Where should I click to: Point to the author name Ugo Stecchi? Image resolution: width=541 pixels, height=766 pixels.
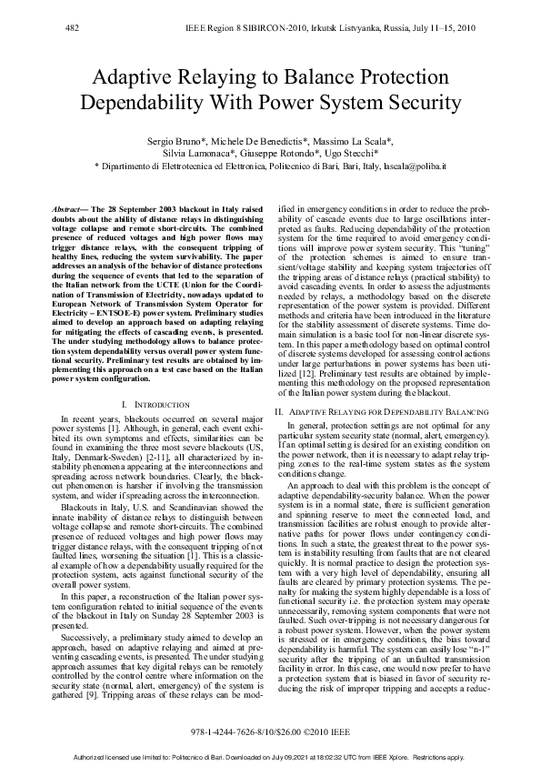pyautogui.click(x=366, y=155)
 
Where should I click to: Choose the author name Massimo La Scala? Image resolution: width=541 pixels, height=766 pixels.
pyautogui.click(x=353, y=142)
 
